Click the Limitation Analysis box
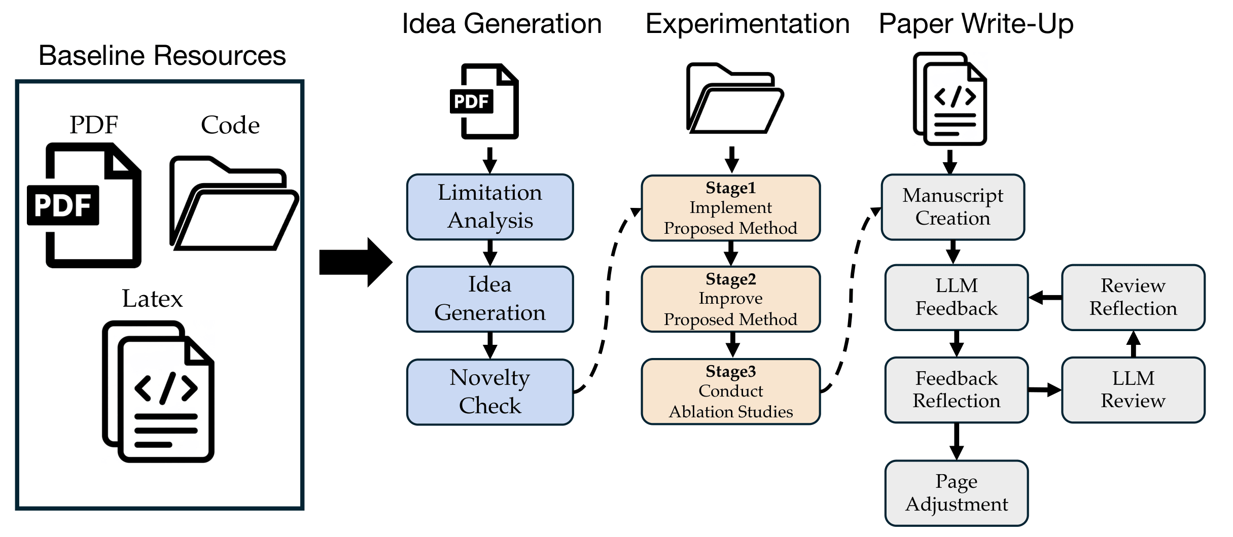(x=490, y=207)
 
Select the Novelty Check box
(x=490, y=391)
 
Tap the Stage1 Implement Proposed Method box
(x=730, y=208)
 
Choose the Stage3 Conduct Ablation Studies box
(x=730, y=391)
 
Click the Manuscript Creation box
(x=953, y=207)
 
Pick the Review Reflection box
(x=1133, y=297)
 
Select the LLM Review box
(x=1133, y=389)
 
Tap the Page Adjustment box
(x=957, y=493)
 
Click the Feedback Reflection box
(x=957, y=389)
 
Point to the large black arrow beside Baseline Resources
(x=355, y=262)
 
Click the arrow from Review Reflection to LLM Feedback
(x=1045, y=298)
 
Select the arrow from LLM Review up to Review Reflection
(x=1133, y=344)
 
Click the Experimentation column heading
(x=747, y=24)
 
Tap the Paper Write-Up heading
(x=976, y=24)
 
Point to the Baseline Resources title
(x=162, y=55)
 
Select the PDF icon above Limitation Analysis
(x=485, y=101)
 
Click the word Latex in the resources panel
(x=152, y=299)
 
